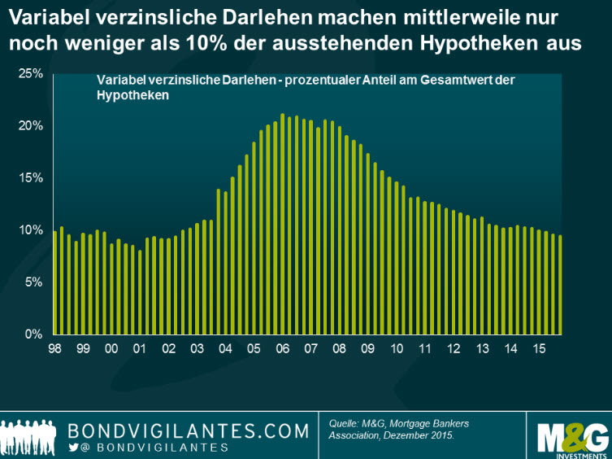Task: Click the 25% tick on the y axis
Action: pyautogui.click(x=30, y=74)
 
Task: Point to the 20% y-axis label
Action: pyautogui.click(x=30, y=126)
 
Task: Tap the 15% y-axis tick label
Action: pyautogui.click(x=30, y=178)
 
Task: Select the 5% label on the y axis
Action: pyautogui.click(x=33, y=282)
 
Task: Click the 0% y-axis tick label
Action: pyautogui.click(x=33, y=334)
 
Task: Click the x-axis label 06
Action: pyautogui.click(x=283, y=348)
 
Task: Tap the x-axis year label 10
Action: pyautogui.click(x=397, y=348)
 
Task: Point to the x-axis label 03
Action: pyautogui.click(x=197, y=348)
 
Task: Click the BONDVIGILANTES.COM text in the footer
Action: pyautogui.click(x=189, y=430)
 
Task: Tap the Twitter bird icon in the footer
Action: pyautogui.click(x=74, y=448)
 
